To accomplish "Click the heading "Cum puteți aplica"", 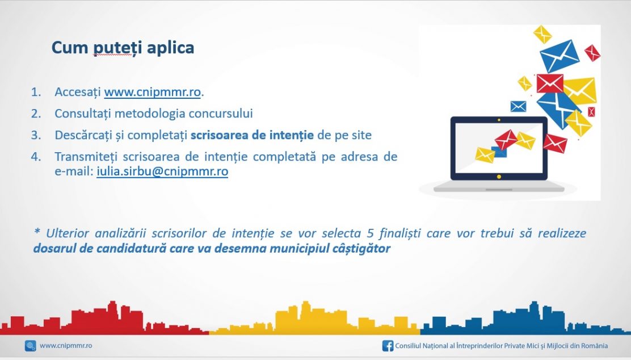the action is pos(123,48).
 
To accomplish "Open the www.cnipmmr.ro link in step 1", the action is pos(152,92).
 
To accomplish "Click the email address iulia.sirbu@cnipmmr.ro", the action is pos(162,171).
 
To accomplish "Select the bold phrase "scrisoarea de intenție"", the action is pos(252,135).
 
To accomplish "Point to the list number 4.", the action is pos(36,157).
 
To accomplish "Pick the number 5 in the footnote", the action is pos(370,233).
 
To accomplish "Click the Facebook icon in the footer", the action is pos(388,346).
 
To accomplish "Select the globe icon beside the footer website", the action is pos(31,346).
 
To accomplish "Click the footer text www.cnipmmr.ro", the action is pos(66,346).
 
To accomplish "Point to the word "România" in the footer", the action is pos(594,346).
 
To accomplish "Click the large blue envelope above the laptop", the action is pos(560,56).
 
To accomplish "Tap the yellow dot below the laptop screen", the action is pos(499,177).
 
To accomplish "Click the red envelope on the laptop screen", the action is pos(506,139).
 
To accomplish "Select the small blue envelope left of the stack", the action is pos(518,106).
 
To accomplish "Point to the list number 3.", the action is pos(36,135).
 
